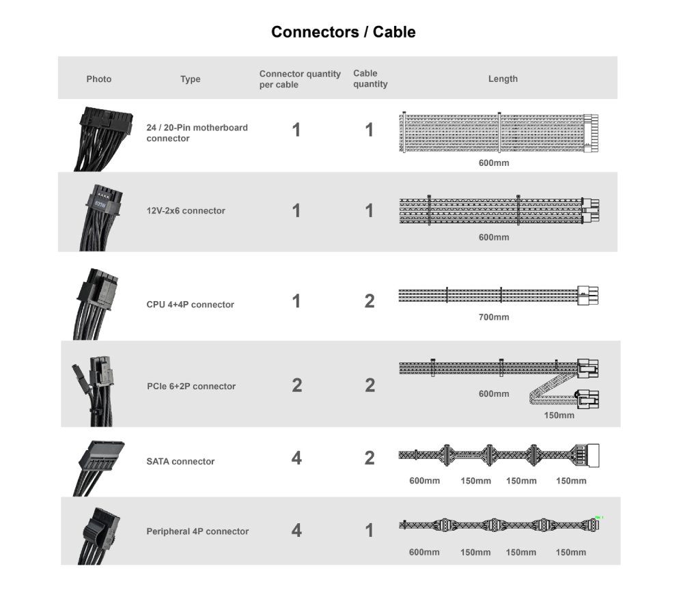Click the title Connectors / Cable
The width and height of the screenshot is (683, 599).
(x=344, y=32)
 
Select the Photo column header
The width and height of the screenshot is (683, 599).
(x=99, y=79)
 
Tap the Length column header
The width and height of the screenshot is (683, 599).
(x=503, y=79)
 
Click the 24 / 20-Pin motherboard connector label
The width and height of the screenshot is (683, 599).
(x=197, y=133)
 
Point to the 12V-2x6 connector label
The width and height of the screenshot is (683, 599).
(x=186, y=211)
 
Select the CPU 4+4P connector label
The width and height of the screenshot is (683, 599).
(x=190, y=305)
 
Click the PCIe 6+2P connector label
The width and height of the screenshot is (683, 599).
(x=191, y=387)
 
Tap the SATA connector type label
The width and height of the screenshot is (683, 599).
(x=180, y=461)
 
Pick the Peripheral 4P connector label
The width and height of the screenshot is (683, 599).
(x=197, y=531)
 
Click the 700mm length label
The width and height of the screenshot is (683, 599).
(x=494, y=317)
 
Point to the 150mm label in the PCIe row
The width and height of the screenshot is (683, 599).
(x=559, y=415)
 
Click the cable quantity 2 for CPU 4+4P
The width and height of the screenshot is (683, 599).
(x=370, y=301)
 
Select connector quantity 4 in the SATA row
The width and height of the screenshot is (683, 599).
(x=296, y=458)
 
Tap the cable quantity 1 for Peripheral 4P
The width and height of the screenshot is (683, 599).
(x=370, y=530)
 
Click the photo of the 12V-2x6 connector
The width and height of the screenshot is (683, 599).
(x=100, y=217)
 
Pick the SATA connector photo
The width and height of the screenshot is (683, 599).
(x=98, y=469)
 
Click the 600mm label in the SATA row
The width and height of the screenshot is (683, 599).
(x=424, y=481)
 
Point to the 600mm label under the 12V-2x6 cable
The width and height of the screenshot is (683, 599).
(x=494, y=238)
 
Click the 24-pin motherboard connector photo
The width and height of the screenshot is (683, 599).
(x=103, y=139)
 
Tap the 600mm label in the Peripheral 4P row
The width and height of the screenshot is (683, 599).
(x=424, y=553)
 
